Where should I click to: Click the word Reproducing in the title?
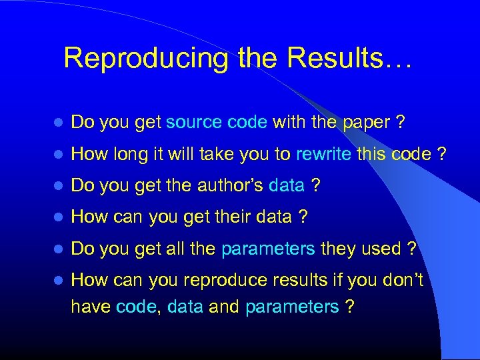[147, 59]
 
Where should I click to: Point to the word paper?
[367, 123]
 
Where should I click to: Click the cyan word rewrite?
[323, 154]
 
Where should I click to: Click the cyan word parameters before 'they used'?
[268, 249]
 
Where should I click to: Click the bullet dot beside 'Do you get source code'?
[59, 123]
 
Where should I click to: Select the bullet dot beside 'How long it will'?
[59, 155]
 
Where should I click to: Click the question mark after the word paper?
[400, 123]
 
